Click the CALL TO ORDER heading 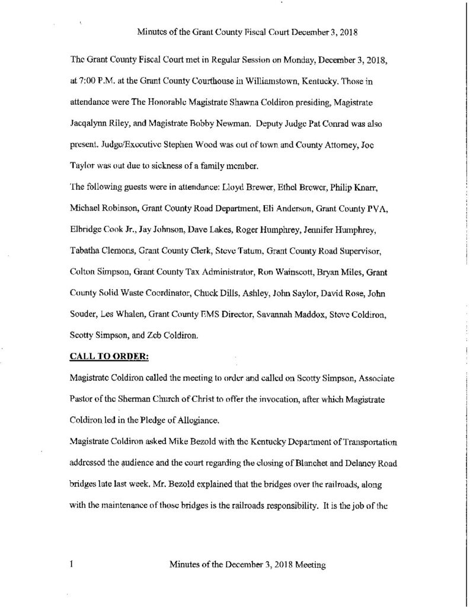(x=104, y=357)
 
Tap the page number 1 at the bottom (x=71, y=566)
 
